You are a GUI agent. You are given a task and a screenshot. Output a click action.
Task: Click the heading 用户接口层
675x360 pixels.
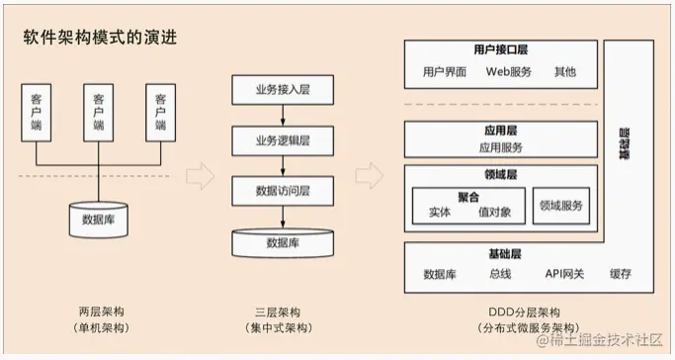[503, 49]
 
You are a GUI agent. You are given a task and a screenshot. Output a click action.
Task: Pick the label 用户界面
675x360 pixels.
[445, 72]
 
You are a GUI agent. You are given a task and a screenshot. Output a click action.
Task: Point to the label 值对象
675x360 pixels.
[494, 211]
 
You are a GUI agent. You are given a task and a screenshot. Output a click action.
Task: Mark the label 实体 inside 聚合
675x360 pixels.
[440, 211]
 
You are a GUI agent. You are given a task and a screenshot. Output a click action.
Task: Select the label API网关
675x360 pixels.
[564, 274]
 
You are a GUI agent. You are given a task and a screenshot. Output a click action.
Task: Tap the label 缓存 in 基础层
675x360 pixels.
[620, 274]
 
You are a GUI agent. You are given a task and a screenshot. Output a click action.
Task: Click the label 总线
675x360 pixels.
[500, 274]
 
